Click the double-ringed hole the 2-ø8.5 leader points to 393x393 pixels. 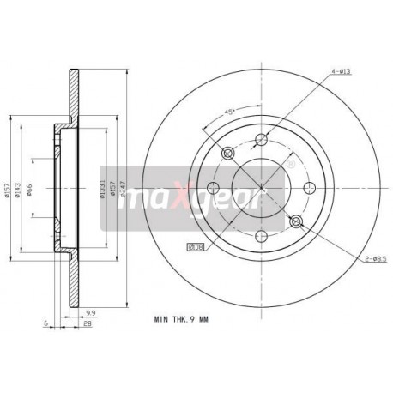click(x=296, y=223)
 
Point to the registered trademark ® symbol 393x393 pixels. click(x=289, y=162)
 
